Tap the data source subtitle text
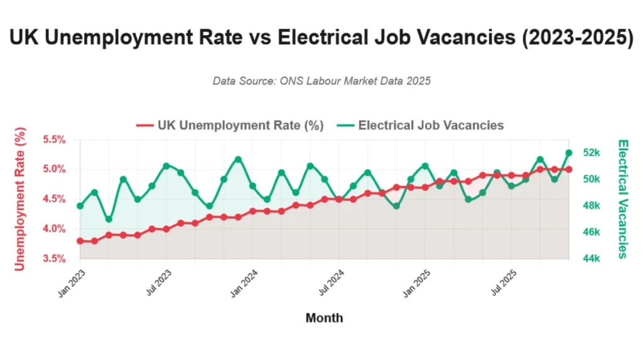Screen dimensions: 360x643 click(x=321, y=81)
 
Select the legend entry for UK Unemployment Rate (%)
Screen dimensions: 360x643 click(x=230, y=126)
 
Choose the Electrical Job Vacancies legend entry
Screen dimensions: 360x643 click(x=420, y=126)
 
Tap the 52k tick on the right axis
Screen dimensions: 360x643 click(x=592, y=153)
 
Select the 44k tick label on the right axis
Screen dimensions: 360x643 click(x=592, y=259)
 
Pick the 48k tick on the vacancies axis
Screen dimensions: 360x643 click(x=592, y=206)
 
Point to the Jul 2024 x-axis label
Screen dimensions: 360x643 click(x=331, y=282)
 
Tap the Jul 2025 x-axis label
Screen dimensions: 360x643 click(x=503, y=282)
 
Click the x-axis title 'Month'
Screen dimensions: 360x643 click(x=324, y=318)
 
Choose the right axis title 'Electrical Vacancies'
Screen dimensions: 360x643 click(x=622, y=199)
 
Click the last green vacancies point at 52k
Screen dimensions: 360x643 click(x=569, y=153)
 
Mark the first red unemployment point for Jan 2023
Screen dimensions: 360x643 click(x=80, y=241)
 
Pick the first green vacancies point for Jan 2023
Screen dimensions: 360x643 click(x=80, y=206)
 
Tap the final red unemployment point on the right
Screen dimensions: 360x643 click(x=569, y=170)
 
